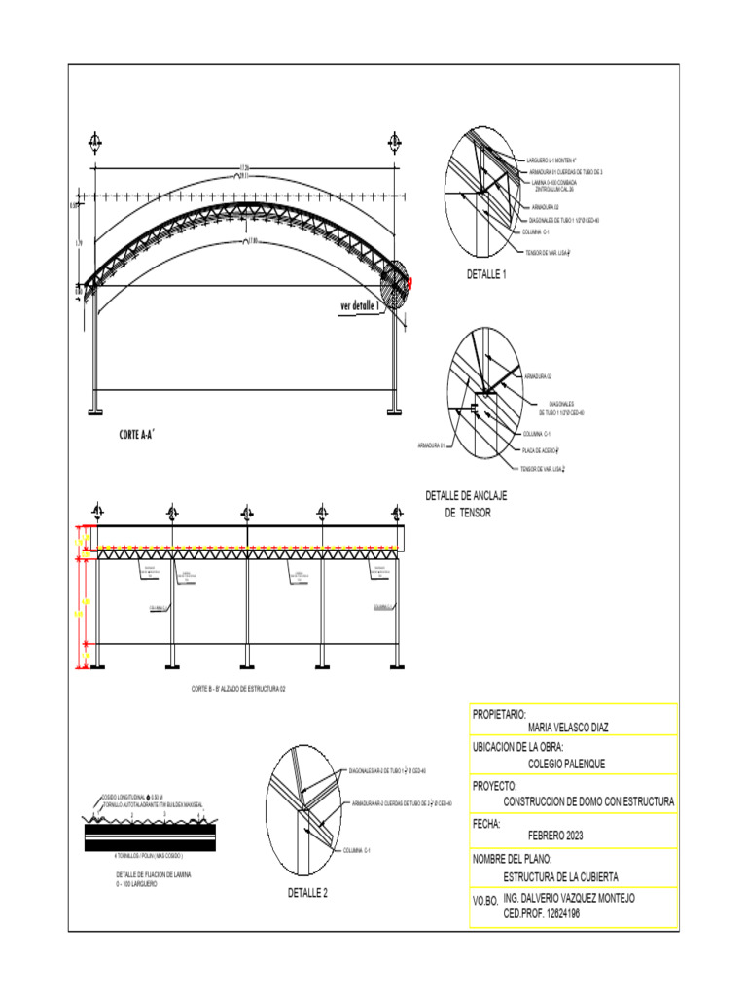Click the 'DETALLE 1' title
(x=486, y=275)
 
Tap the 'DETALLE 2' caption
(x=306, y=892)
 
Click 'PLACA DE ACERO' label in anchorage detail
(x=546, y=450)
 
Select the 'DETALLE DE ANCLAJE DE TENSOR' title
(x=467, y=504)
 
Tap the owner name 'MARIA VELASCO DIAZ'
(x=569, y=727)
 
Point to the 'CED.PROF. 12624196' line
(x=549, y=914)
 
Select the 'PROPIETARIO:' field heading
(x=499, y=714)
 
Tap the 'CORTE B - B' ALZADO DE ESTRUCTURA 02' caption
(x=238, y=688)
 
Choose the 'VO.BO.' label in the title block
(x=485, y=904)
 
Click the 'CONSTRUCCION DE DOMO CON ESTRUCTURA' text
(x=588, y=801)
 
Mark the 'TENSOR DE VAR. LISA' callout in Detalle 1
(x=547, y=253)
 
